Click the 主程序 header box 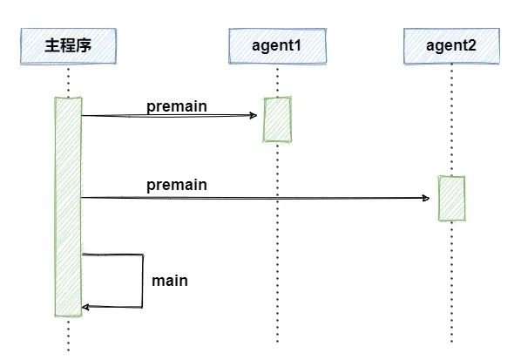point(68,46)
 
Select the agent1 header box point(277,46)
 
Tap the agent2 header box point(451,46)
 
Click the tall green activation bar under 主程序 point(68,207)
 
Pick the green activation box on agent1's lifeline point(277,119)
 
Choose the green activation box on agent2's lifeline point(451,198)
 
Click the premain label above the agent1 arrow point(177,107)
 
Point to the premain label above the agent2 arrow point(177,185)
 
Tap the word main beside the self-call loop point(170,281)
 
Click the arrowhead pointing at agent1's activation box point(254,115)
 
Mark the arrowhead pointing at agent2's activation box point(426,198)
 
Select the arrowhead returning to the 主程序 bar point(85,307)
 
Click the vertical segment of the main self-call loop point(143,281)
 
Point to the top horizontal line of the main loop point(112,255)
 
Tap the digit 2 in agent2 point(471,45)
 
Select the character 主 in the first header point(51,45)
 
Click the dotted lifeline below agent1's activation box point(277,242)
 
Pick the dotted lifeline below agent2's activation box point(451,282)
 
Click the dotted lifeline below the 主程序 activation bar point(69,333)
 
